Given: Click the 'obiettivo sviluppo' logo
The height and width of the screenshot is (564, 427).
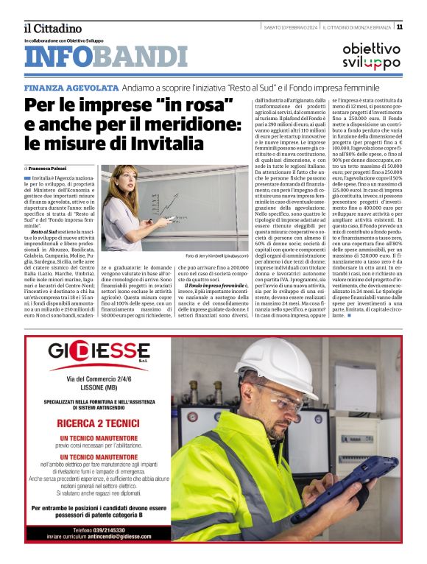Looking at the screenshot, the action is point(371,56).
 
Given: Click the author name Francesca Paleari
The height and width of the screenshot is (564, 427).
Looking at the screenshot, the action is point(55,169).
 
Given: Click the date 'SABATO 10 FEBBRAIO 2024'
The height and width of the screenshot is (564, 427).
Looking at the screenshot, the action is point(290,27).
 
